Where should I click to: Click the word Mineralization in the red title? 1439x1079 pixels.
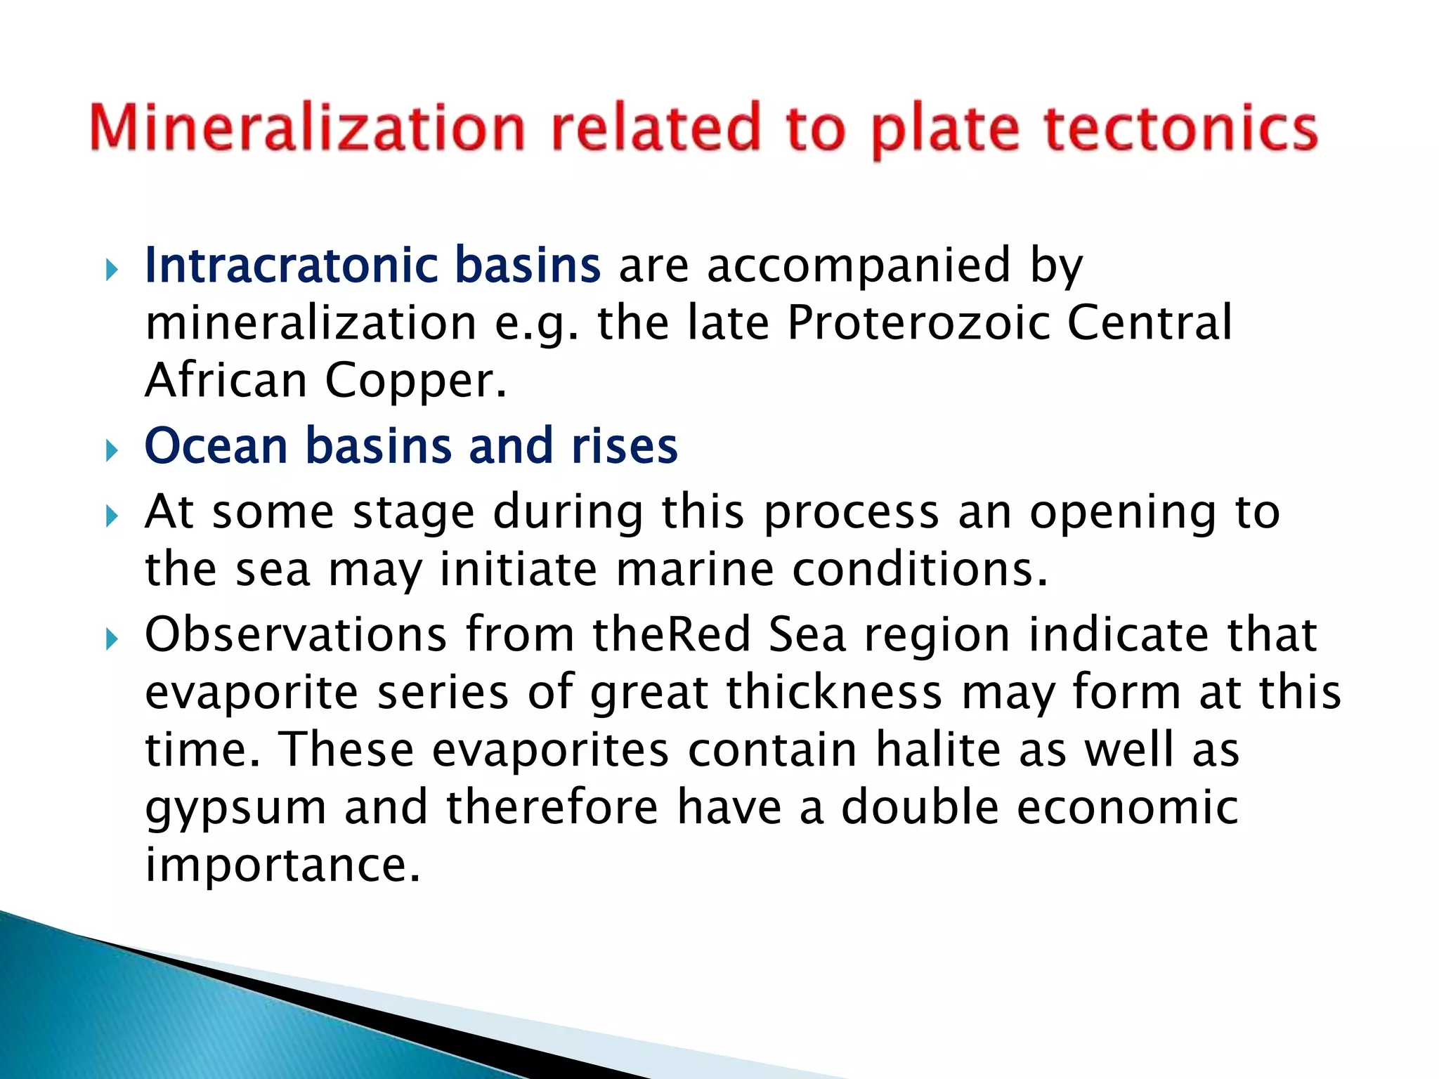tap(307, 128)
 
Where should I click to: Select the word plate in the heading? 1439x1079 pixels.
tap(945, 131)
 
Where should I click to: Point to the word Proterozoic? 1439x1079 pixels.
tap(918, 322)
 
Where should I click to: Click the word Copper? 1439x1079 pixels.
tap(415, 381)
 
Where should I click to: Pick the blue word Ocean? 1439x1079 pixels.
tap(216, 446)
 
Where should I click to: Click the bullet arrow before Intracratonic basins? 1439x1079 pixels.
tap(111, 269)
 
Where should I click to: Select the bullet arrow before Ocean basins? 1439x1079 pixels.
tap(111, 450)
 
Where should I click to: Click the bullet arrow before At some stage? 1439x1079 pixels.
tap(111, 516)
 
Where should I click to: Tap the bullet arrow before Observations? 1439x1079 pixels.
tap(111, 639)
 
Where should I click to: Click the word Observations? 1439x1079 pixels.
tap(295, 634)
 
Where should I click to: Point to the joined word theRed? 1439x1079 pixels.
tap(672, 634)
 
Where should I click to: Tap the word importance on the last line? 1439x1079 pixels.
tap(282, 865)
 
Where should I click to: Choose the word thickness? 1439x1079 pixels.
tap(833, 692)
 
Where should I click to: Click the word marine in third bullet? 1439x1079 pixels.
tap(694, 569)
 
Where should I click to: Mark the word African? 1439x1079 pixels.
tap(226, 381)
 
